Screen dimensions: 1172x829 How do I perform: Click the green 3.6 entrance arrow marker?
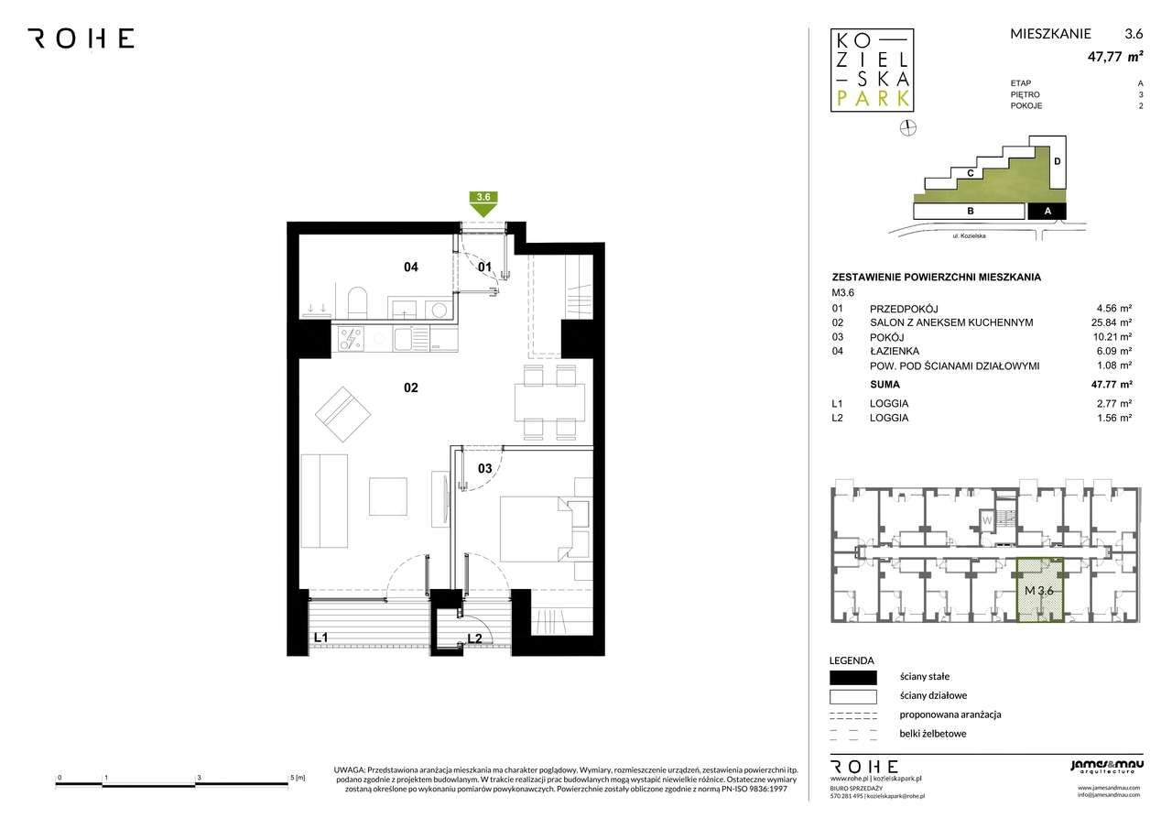(483, 204)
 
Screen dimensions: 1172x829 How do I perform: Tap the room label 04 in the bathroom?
(411, 267)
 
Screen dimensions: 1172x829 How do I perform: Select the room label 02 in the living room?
(411, 387)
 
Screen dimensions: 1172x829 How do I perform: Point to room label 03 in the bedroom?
(484, 468)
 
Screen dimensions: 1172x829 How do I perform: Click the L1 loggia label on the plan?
(320, 638)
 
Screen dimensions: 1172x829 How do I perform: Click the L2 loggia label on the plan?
(474, 638)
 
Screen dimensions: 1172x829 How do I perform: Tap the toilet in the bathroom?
(358, 302)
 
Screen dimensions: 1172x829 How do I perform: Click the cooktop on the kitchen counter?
(351, 339)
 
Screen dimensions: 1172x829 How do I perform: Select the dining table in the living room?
(549, 402)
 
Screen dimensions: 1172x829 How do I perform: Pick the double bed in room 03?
(545, 529)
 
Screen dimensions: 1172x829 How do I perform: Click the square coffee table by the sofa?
(387, 496)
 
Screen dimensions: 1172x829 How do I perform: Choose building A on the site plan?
(1047, 211)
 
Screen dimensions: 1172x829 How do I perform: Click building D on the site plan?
(1057, 162)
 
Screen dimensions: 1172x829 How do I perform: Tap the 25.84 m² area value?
(1112, 323)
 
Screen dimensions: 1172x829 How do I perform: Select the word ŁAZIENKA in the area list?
(895, 351)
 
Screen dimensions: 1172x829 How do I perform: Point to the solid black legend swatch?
(852, 678)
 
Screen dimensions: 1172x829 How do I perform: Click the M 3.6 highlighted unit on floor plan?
(1039, 590)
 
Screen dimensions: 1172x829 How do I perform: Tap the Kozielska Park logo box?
(873, 71)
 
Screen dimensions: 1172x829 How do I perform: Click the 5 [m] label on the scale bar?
(298, 778)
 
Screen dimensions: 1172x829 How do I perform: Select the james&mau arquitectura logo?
(1107, 766)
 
